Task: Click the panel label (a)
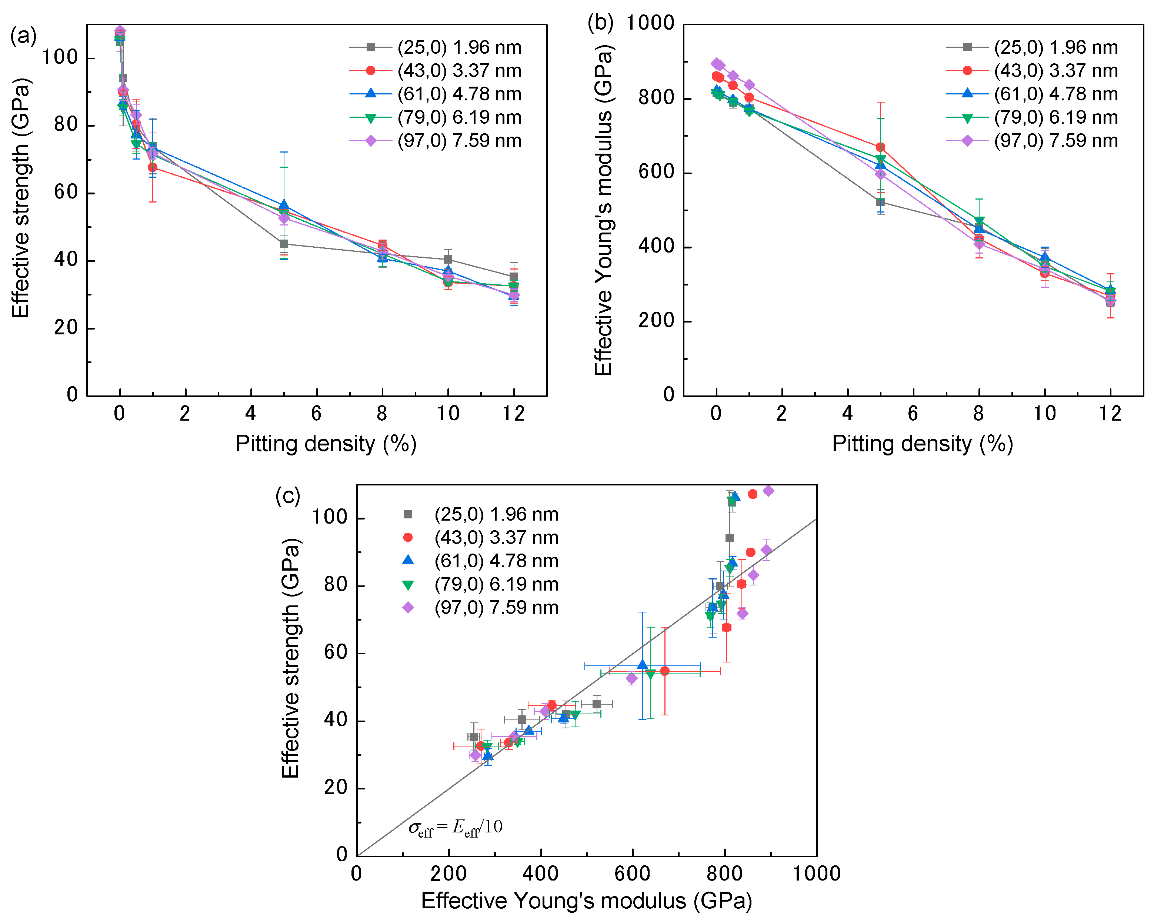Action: click(x=23, y=36)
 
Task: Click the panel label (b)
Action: click(x=600, y=23)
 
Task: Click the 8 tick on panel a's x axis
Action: click(x=381, y=413)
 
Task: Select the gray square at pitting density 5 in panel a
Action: click(x=284, y=244)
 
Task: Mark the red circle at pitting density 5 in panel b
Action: click(x=880, y=147)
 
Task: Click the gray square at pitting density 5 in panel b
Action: click(x=880, y=202)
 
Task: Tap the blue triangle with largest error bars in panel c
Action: click(x=642, y=665)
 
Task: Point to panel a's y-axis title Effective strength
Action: click(x=20, y=198)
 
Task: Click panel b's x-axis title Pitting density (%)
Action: click(x=922, y=444)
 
